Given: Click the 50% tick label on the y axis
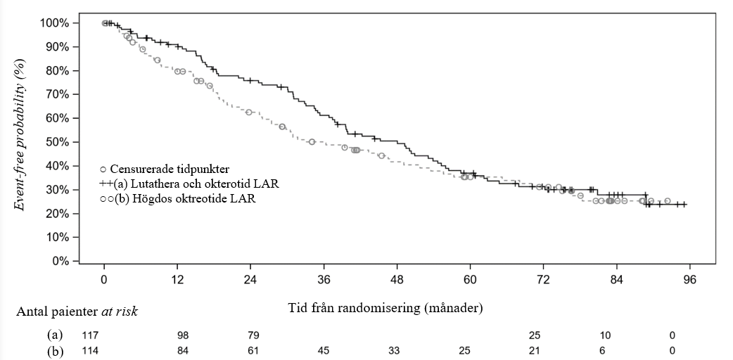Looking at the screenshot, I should tap(56, 142).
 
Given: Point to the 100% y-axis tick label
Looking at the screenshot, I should tap(53, 23).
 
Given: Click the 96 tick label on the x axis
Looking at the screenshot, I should tap(689, 280).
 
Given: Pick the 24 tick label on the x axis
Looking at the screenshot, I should tap(250, 280).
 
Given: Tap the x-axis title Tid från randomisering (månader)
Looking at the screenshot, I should tap(385, 307).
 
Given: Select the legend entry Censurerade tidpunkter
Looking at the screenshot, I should tap(170, 169).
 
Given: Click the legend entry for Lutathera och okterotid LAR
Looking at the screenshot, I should tap(189, 184).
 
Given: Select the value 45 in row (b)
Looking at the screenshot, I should tap(324, 349).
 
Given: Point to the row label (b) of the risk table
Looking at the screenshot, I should tap(54, 349).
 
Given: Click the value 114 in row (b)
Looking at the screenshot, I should tap(90, 349).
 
